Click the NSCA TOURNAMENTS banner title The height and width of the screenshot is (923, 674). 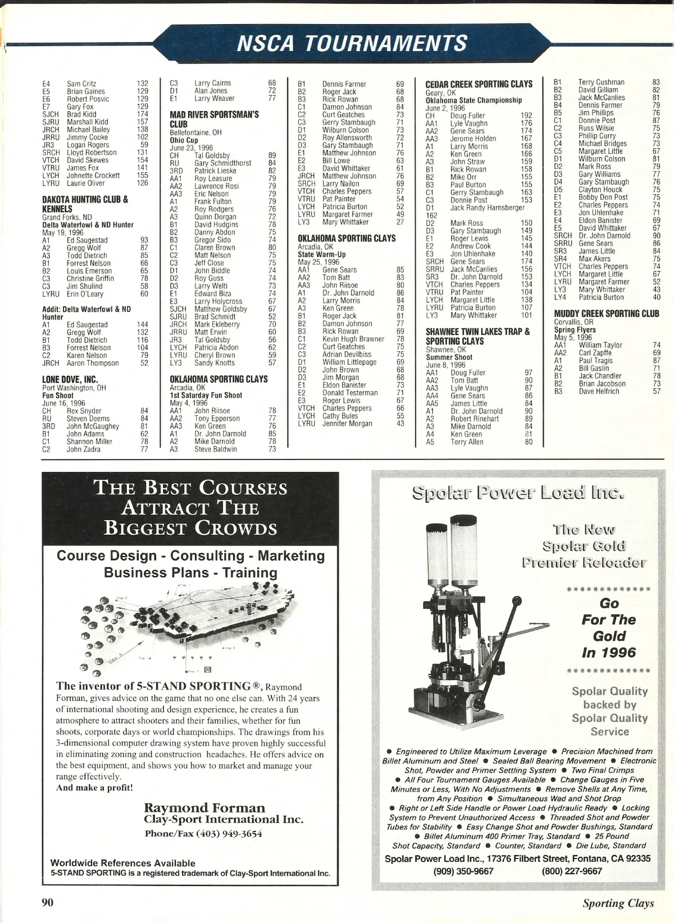click(352, 43)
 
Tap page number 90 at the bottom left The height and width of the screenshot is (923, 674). click(48, 902)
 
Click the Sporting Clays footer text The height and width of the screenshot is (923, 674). click(618, 903)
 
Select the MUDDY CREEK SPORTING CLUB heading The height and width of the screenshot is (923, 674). click(607, 314)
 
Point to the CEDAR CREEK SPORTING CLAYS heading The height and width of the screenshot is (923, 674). click(479, 84)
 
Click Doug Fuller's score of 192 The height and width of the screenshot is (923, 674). click(526, 116)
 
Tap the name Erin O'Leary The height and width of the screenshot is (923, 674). click(85, 294)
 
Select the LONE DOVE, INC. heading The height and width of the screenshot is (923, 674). click(70, 380)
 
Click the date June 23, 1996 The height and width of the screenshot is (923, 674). click(192, 148)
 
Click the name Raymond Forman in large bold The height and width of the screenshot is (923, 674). click(204, 808)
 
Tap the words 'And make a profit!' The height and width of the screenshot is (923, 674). click(94, 788)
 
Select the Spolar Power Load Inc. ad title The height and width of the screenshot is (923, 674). click(518, 493)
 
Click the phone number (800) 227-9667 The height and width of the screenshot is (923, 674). click(572, 871)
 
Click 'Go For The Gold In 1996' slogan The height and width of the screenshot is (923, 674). click(609, 628)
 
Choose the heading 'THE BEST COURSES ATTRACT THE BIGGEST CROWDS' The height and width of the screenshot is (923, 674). click(190, 508)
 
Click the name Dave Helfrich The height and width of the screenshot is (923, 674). click(599, 392)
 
